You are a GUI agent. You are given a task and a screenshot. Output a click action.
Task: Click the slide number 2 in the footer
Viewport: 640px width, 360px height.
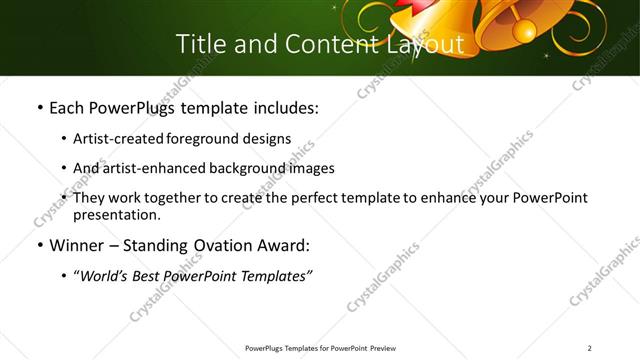589,348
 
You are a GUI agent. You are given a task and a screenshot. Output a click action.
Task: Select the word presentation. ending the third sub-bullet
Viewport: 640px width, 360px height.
117,214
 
